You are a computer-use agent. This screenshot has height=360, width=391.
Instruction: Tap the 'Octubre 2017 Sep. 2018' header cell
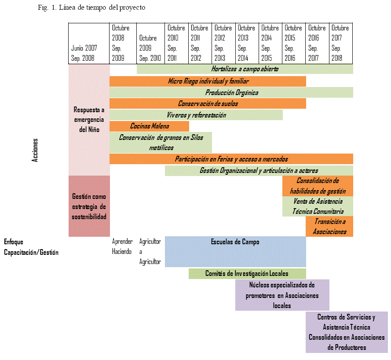point(341,43)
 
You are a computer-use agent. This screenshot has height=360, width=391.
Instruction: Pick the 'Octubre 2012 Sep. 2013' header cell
point(223,43)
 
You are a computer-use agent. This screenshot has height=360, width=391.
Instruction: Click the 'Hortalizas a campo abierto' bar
point(245,69)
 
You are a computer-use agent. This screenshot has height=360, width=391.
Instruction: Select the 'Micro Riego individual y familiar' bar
point(208,81)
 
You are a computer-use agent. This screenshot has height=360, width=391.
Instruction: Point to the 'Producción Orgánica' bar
point(231,92)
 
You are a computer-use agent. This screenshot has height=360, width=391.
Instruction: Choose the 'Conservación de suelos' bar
point(208,103)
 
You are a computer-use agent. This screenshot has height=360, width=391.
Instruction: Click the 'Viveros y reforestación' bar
point(196,115)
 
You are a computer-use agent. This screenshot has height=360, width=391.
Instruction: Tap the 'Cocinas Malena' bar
point(149,126)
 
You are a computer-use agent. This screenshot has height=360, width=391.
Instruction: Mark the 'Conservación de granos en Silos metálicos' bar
point(161,142)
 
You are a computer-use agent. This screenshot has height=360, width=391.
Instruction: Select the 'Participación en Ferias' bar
point(231,159)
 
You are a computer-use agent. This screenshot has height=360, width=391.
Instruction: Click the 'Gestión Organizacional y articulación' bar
point(259,170)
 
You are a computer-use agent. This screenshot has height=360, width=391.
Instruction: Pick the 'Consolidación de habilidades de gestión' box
point(318,186)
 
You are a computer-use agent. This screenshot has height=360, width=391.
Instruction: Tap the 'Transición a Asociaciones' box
point(329,226)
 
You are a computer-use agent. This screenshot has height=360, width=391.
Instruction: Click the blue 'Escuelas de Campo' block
point(235,251)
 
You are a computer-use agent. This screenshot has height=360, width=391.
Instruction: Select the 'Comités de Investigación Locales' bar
point(247,274)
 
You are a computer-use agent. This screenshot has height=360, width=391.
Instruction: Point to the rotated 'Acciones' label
point(35,151)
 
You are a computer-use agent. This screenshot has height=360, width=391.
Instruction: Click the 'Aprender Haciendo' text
point(122,246)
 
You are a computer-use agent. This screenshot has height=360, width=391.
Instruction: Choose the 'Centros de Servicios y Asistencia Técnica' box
point(346,332)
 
